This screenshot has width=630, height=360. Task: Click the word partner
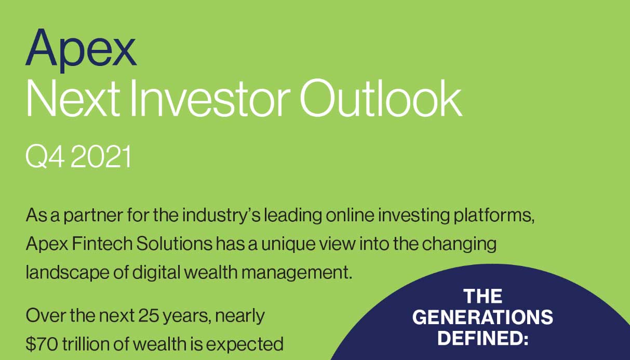(81, 215)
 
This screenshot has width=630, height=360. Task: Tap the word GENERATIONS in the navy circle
(482, 317)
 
